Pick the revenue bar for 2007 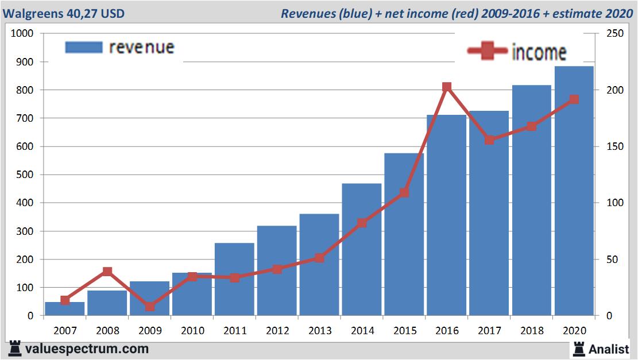65,308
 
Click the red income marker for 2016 447,87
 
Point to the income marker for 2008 107,272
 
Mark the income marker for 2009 150,306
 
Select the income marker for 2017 489,140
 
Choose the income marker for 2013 319,258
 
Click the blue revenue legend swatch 83,47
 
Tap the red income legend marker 488,51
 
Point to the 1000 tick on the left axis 22,33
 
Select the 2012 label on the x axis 277,331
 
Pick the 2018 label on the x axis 532,331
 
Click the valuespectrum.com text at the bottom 87,349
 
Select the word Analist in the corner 609,349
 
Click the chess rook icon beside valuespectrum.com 14,348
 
